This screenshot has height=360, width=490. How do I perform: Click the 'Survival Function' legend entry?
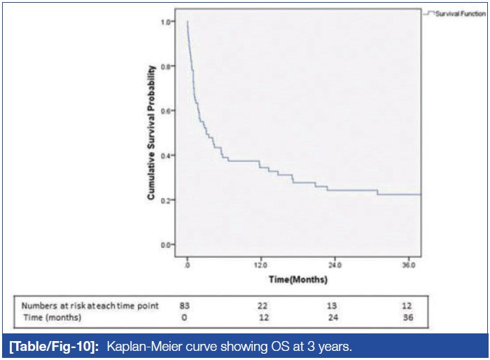pos(456,13)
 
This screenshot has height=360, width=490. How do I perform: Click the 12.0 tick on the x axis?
pos(261,265)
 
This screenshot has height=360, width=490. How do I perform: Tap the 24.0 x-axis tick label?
pos(335,265)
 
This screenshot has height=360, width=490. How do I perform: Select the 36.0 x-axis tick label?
pos(409,265)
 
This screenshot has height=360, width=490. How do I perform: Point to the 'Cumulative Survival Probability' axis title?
pos(150,134)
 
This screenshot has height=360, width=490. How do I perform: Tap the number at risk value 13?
pos(335,305)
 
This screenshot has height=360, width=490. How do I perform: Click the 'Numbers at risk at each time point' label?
pos(90,305)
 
